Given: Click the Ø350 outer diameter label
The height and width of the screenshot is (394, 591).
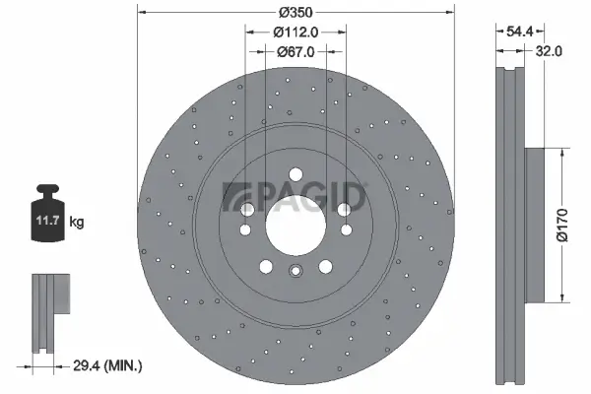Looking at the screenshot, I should coord(295,12).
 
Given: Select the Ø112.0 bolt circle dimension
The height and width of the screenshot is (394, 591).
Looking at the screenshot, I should coord(295,32).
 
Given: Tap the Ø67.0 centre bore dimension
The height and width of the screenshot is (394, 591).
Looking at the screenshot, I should coord(295,52).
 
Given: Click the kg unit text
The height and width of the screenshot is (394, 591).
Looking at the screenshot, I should coord(77,223).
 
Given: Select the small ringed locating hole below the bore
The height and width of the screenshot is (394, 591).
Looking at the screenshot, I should coord(295,274).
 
